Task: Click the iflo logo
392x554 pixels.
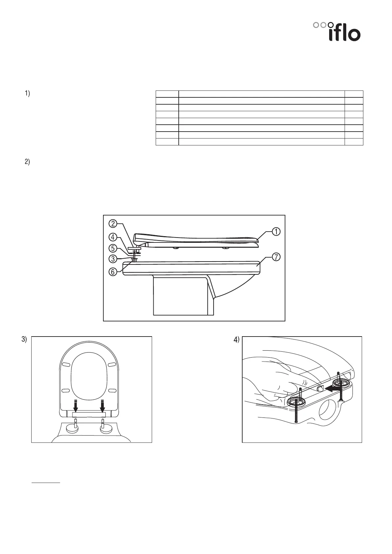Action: coord(336,32)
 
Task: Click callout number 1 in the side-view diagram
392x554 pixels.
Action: coord(276,232)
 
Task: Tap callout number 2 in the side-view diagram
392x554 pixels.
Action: coord(113,224)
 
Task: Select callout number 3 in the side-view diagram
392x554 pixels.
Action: coord(113,259)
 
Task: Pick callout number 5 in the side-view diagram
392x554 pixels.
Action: coord(113,247)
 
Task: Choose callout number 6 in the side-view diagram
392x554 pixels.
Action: coord(113,272)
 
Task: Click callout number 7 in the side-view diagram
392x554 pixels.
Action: coord(276,257)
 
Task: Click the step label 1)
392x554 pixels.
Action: coord(27,94)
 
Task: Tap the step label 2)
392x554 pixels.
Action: coord(27,162)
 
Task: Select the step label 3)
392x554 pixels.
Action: coord(24,340)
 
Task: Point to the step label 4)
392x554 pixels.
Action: coord(236,340)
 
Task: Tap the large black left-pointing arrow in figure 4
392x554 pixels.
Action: coord(332,389)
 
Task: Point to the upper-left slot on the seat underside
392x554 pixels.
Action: coord(65,365)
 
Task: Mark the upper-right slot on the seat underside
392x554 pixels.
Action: coord(112,365)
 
